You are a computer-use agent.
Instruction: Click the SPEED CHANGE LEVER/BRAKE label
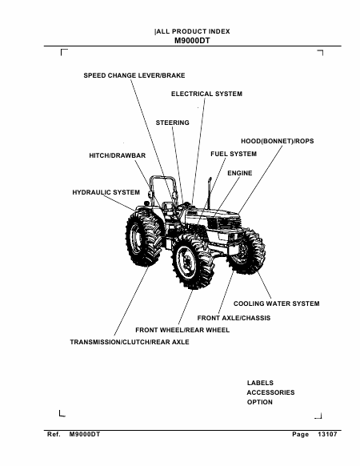[134, 75]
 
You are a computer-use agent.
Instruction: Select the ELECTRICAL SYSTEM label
[206, 94]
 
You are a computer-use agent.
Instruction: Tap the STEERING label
[173, 123]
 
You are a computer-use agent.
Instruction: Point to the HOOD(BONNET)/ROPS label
[278, 141]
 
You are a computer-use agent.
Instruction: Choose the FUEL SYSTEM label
[234, 154]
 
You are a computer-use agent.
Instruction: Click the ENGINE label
[240, 173]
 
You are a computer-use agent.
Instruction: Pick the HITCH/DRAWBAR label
[118, 155]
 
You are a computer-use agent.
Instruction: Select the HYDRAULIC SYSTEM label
[106, 192]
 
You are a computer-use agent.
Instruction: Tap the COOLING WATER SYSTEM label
[277, 303]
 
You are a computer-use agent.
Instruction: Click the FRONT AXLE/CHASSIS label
[234, 318]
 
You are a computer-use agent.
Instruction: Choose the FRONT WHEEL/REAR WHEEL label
[182, 330]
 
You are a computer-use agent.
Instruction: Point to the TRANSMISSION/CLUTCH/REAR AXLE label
[130, 342]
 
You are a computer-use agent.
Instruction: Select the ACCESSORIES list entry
[271, 392]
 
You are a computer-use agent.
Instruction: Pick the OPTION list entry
[260, 402]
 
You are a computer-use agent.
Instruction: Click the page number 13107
[328, 435]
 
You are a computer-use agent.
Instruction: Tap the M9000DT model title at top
[192, 41]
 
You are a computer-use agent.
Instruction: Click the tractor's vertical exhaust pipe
[209, 193]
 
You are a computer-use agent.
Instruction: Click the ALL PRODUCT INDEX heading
[193, 31]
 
